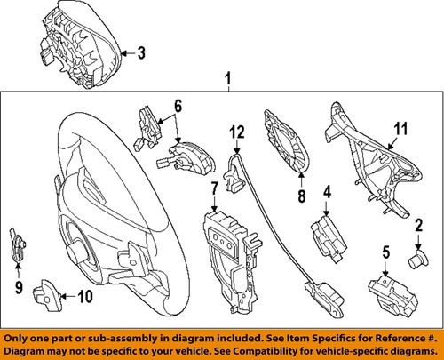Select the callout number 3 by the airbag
[140, 52]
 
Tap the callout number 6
[178, 106]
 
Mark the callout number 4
[327, 190]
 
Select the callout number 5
[385, 252]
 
